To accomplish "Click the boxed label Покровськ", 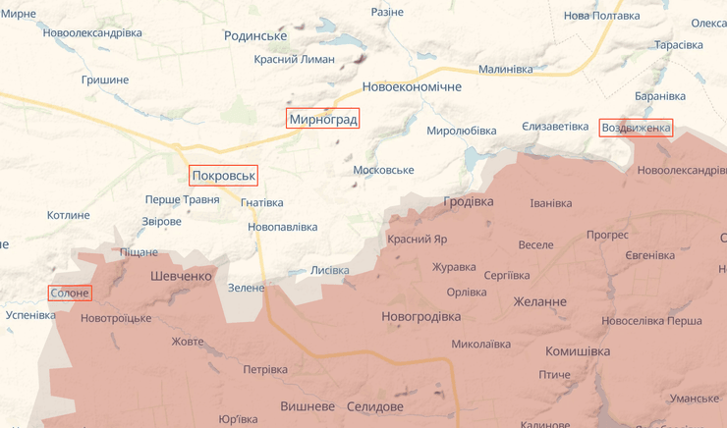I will [223, 176].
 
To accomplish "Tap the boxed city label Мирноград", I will [323, 119].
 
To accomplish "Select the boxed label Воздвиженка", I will [636, 128].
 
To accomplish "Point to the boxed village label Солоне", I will [69, 293].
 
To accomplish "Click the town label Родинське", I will [255, 35].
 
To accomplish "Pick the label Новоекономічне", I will [412, 87].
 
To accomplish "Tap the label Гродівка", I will [469, 201].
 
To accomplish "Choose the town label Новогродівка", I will [420, 316].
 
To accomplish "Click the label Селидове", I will [375, 406].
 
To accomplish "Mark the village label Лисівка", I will [329, 270].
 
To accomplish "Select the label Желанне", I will [539, 301].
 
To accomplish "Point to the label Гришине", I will [105, 80].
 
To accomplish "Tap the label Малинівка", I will [505, 69].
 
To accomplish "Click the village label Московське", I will [383, 170].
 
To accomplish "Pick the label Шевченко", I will [181, 276].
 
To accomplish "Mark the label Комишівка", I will [578, 350].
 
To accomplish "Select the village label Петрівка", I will [265, 369].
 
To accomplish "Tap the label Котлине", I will [68, 215].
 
